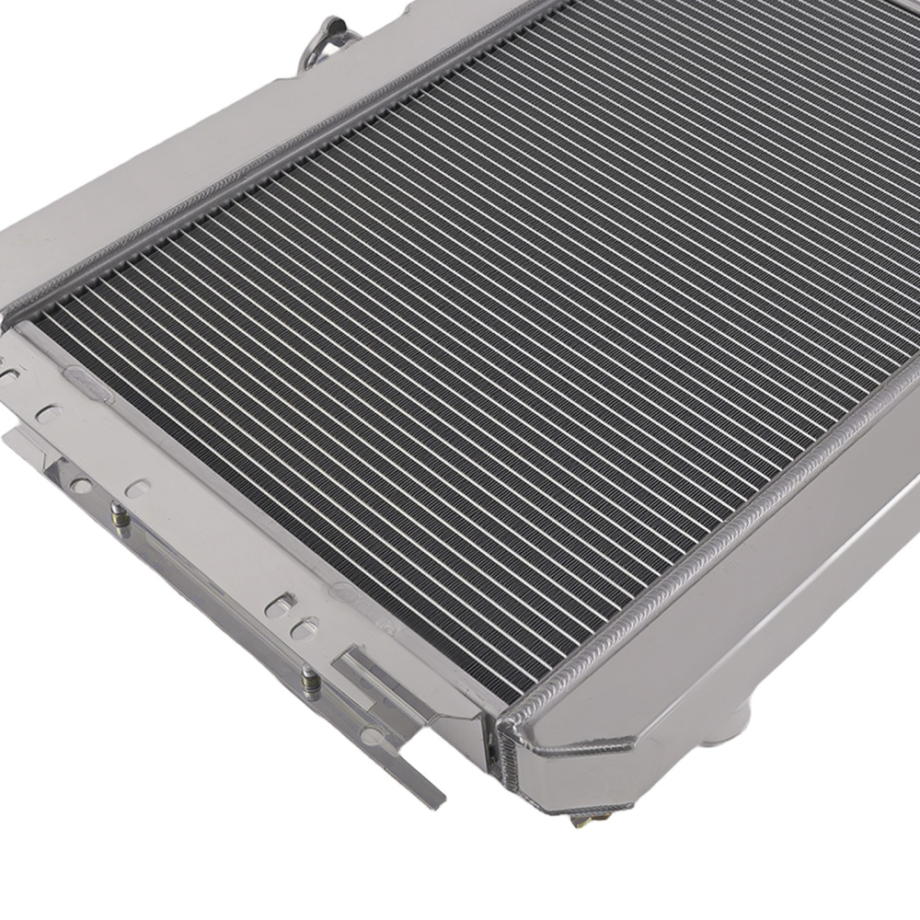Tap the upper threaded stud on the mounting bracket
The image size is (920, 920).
118,515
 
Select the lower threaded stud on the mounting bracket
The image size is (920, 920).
310,683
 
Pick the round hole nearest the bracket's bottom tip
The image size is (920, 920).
372,736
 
